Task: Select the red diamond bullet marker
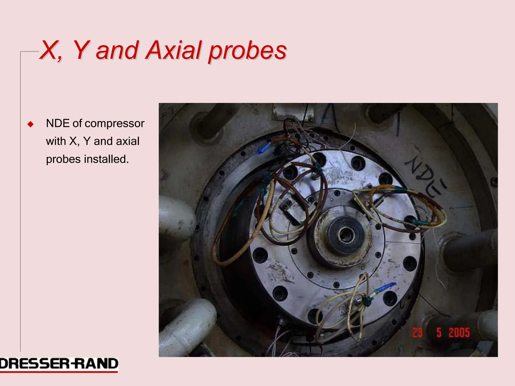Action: pos(30,124)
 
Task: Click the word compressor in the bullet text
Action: pos(114,123)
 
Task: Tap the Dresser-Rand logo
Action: pos(59,364)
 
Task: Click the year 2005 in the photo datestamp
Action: pos(459,333)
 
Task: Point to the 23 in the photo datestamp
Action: pos(417,333)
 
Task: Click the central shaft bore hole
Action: pos(346,235)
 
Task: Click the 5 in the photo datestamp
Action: pos(439,333)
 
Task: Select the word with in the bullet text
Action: pos(56,141)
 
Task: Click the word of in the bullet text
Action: pos(77,123)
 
